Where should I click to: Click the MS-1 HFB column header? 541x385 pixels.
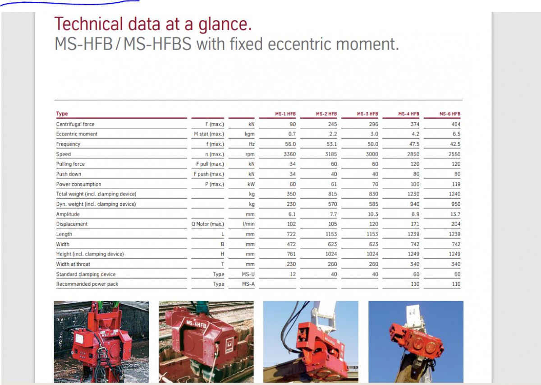click(x=285, y=114)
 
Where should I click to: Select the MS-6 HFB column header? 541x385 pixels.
click(x=450, y=114)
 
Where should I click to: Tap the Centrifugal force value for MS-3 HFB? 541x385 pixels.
click(x=373, y=124)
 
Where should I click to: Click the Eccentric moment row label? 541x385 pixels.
click(x=77, y=134)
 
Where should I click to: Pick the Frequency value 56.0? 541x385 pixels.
click(x=290, y=144)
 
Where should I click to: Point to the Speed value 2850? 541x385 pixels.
click(x=413, y=154)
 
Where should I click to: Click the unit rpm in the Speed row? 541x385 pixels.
click(x=250, y=154)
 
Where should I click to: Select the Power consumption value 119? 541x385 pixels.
click(x=456, y=184)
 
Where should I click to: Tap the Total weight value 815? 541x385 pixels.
click(x=332, y=194)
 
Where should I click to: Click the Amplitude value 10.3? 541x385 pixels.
click(x=373, y=214)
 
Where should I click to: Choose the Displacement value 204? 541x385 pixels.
click(x=456, y=224)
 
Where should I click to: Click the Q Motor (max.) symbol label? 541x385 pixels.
click(x=208, y=224)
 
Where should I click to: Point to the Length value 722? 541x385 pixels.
click(x=291, y=234)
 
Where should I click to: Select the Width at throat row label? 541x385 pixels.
click(x=73, y=264)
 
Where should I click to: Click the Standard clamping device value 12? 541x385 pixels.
click(x=293, y=274)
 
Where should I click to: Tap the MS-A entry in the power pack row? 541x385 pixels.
click(x=248, y=284)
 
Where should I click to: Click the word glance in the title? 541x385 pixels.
click(x=225, y=25)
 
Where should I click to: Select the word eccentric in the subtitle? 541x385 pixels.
click(x=299, y=44)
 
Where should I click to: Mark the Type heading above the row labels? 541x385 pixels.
click(x=62, y=114)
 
